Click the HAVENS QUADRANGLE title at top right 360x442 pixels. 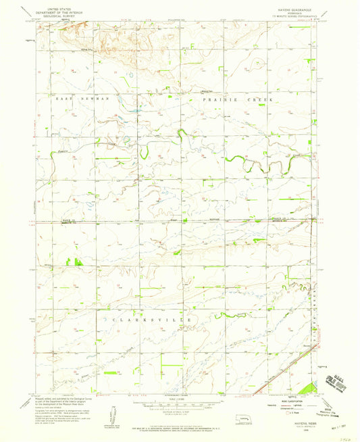289,7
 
